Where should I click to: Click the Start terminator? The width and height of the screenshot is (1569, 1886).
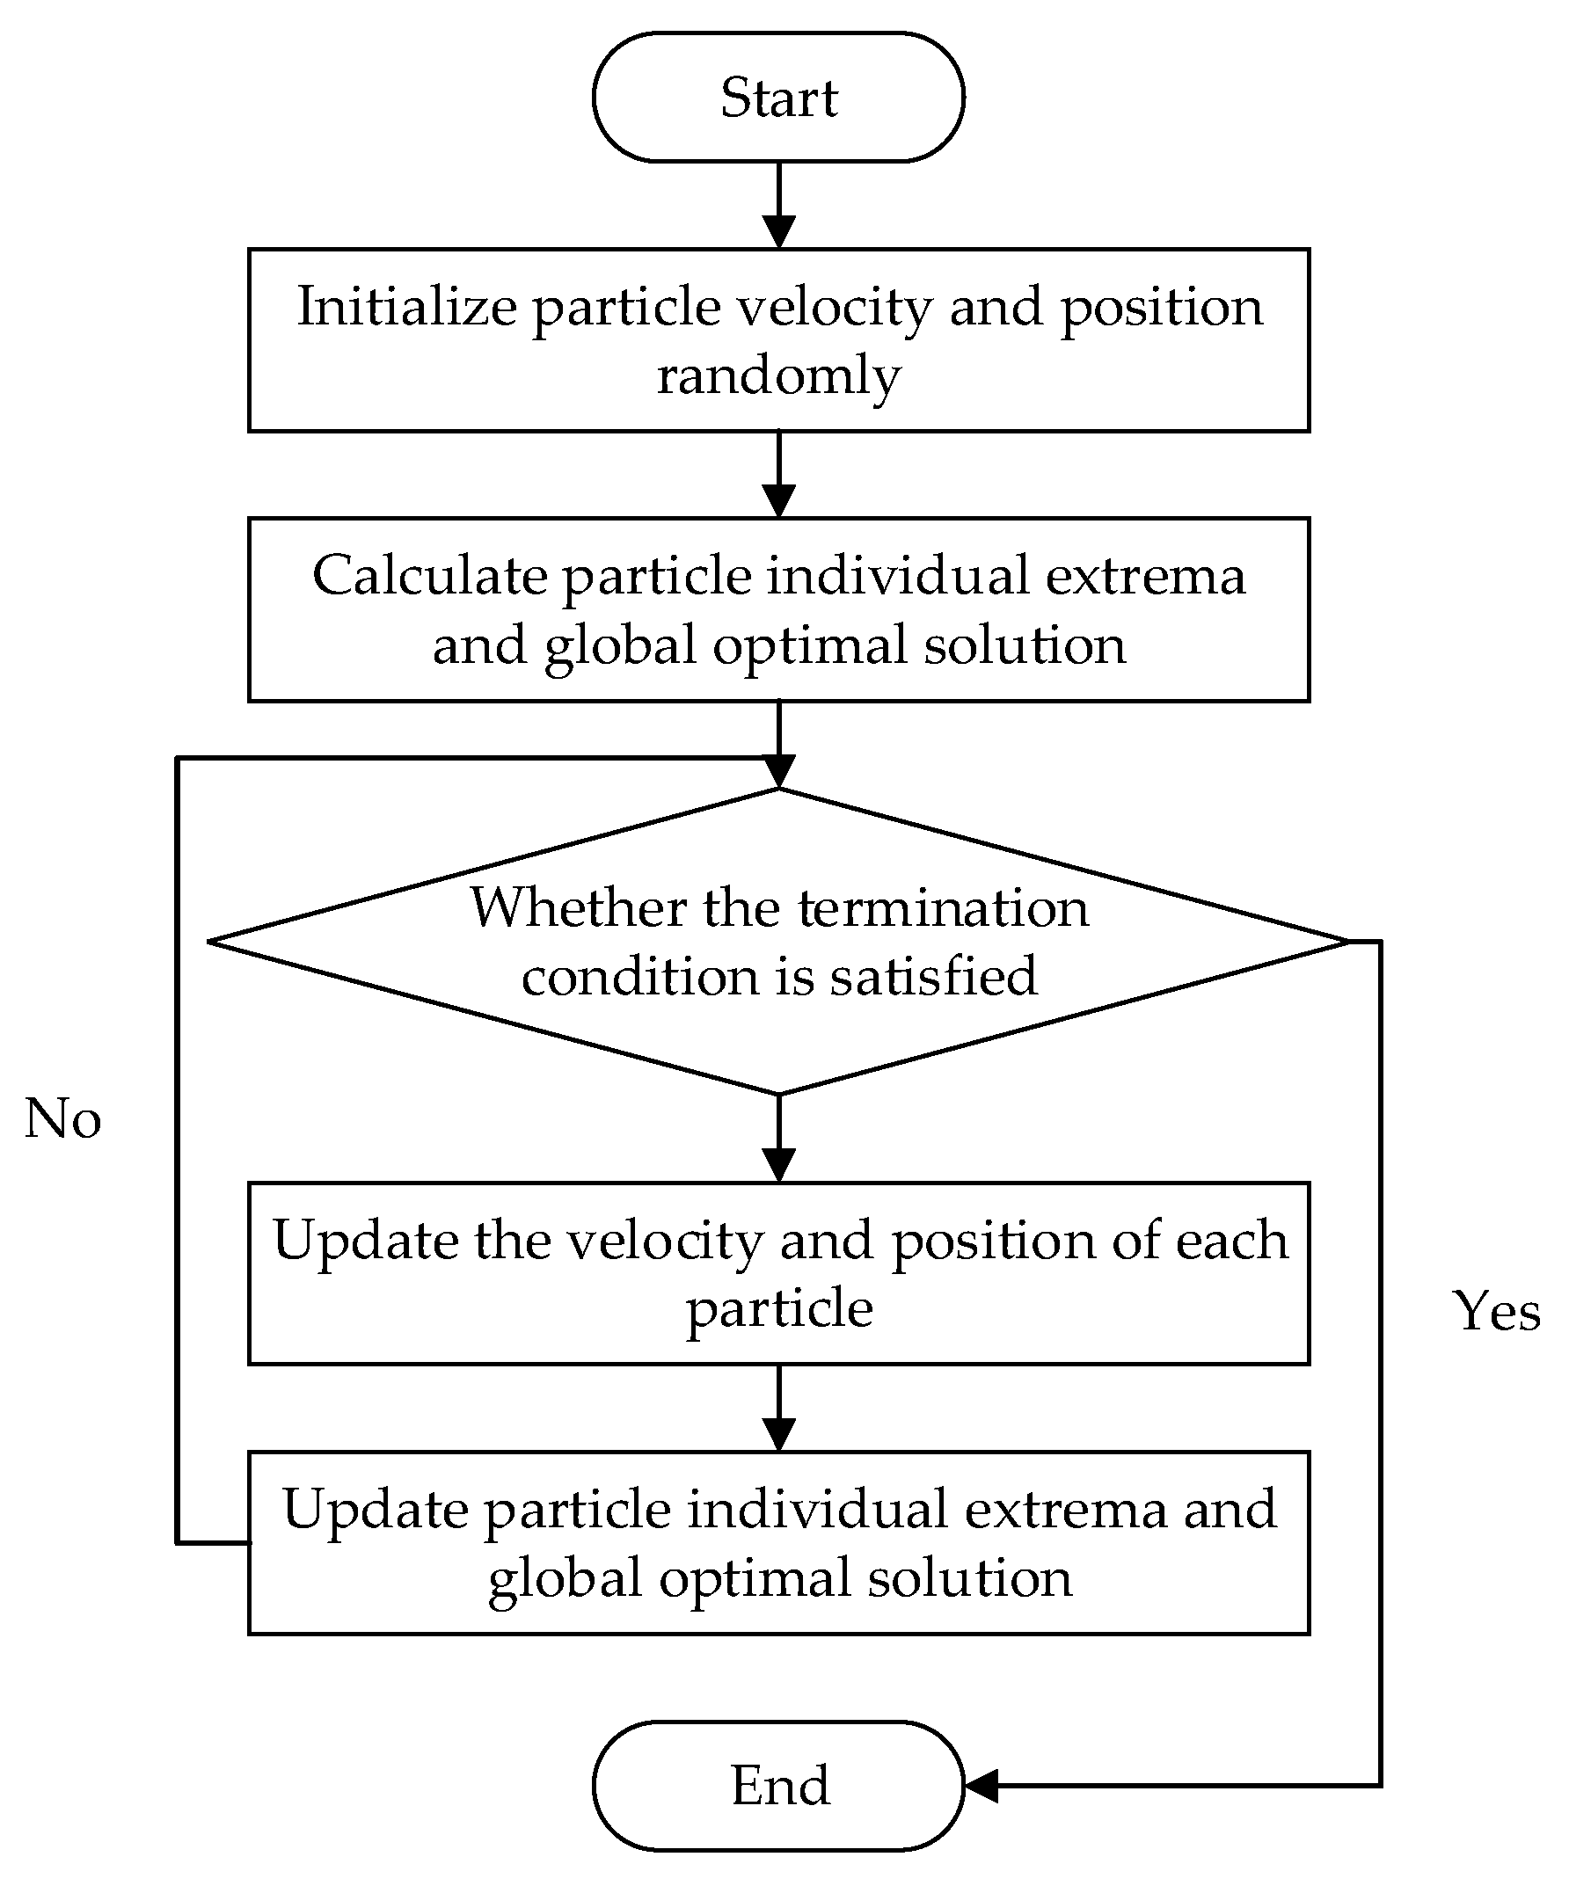(x=777, y=97)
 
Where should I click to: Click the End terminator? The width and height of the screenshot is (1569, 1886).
(x=777, y=1785)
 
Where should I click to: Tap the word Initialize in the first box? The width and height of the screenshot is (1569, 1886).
(x=406, y=307)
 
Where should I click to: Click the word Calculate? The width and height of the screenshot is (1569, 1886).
(x=428, y=575)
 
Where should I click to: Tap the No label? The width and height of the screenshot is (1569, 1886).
(x=62, y=1119)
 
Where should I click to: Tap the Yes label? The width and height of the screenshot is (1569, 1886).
(x=1496, y=1311)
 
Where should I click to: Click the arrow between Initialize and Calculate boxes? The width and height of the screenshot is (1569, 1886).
(x=777, y=474)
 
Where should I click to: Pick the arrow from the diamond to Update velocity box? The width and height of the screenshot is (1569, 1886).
(x=777, y=1138)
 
